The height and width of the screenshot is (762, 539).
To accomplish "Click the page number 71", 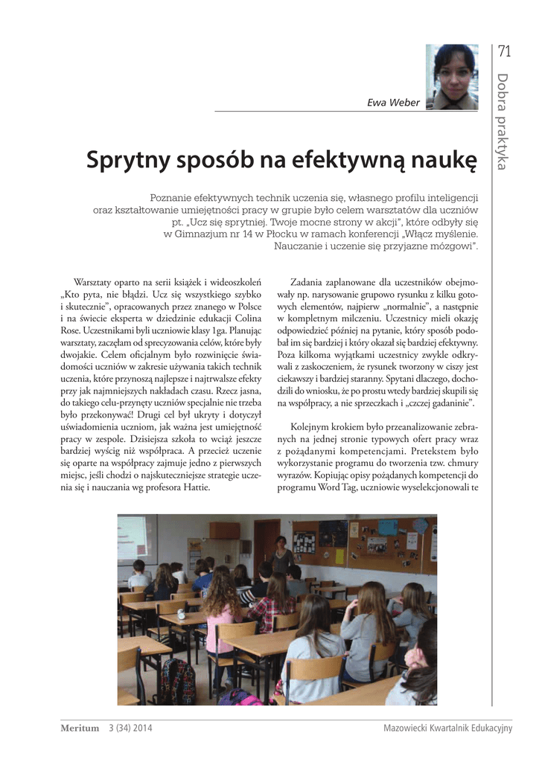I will [505, 52].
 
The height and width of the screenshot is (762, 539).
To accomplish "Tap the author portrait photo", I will [452, 77].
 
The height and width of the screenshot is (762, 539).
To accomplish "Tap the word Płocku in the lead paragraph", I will [249, 234].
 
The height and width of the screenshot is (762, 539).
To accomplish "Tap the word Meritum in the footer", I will [80, 728].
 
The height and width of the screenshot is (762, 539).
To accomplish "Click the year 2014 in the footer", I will [141, 728].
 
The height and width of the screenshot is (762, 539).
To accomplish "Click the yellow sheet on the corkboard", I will [339, 557].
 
